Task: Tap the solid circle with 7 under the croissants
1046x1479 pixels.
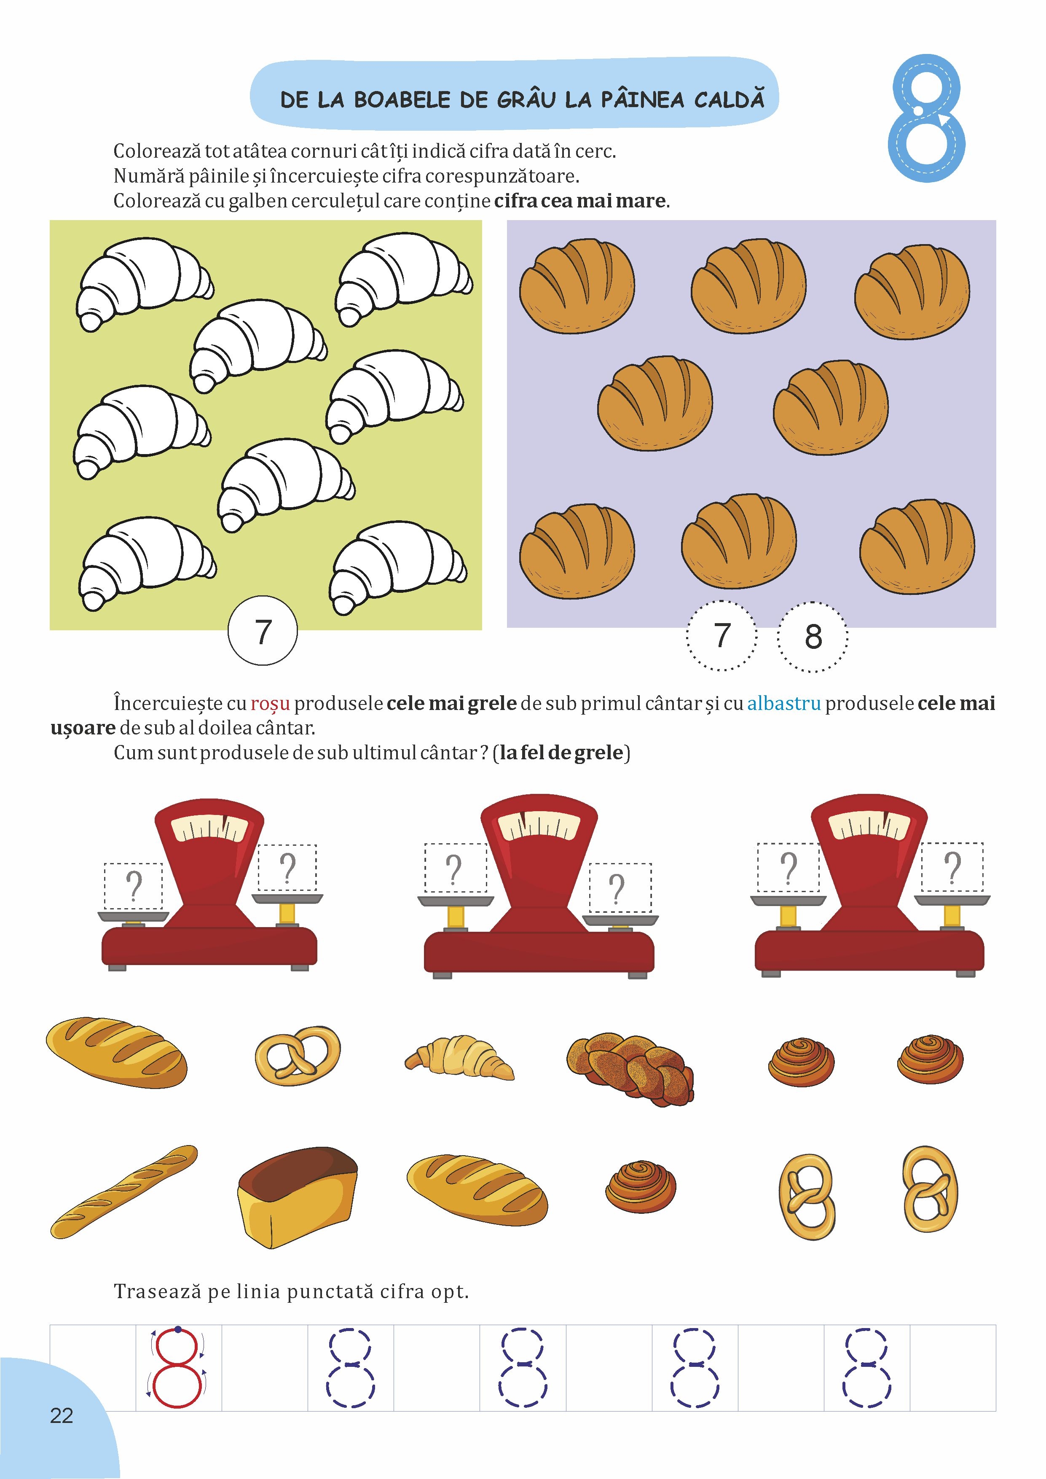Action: [263, 631]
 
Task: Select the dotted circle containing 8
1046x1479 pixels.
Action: [813, 637]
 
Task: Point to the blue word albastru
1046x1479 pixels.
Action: [784, 703]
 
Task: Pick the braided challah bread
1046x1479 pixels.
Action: [630, 1069]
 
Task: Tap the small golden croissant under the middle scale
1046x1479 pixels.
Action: [459, 1057]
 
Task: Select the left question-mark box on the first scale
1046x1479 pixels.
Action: [133, 886]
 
